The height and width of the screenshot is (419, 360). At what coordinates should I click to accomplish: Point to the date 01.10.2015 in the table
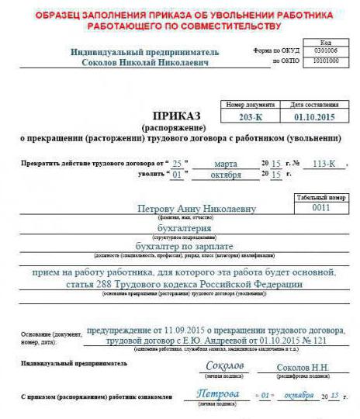point(308,116)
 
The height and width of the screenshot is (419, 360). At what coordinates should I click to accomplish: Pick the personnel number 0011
point(320,208)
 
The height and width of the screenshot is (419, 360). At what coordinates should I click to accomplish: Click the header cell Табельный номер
point(320,198)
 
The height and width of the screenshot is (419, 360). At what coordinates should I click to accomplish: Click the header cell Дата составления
point(308,104)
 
